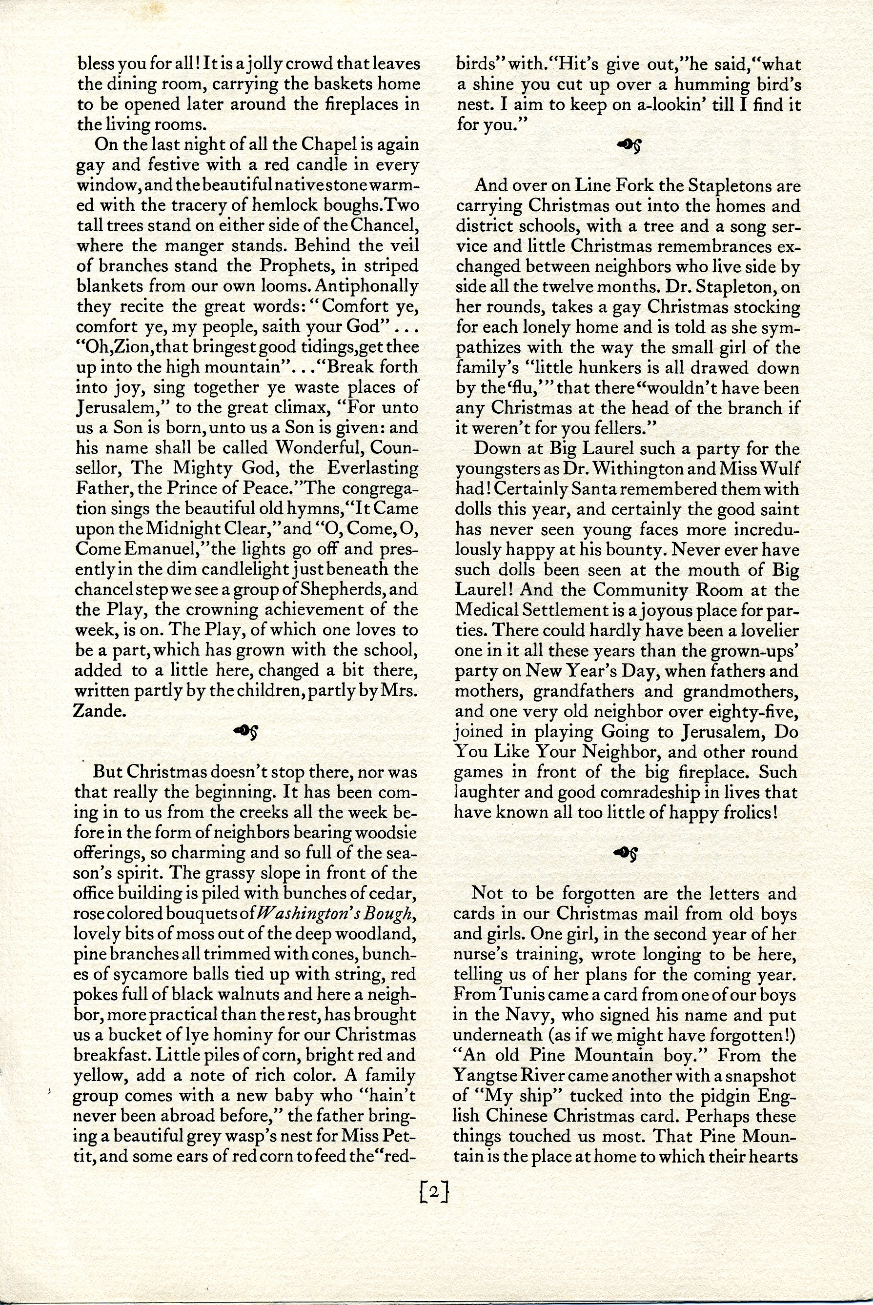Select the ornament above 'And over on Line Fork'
click(628, 146)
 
